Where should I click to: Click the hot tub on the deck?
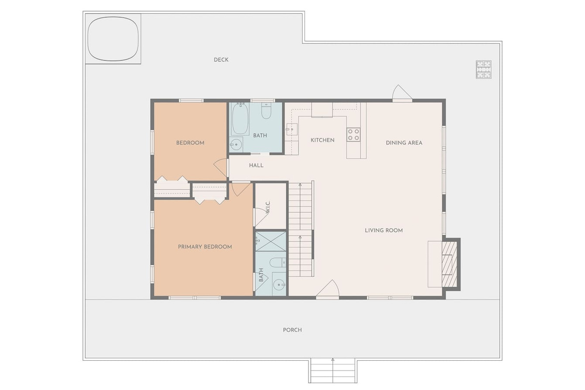(x=113, y=39)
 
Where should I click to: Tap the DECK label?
(x=221, y=60)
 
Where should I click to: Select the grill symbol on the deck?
(x=484, y=70)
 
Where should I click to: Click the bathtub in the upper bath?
(x=240, y=119)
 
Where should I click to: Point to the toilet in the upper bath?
(x=266, y=111)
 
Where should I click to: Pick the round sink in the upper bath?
(x=236, y=144)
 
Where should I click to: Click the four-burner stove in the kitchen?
(x=353, y=135)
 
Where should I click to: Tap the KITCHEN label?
(x=322, y=140)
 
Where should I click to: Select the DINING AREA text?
(x=404, y=143)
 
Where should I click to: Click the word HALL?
(x=256, y=165)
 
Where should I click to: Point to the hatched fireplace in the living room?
(x=449, y=264)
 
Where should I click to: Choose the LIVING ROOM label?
(x=384, y=231)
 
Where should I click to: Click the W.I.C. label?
(x=268, y=207)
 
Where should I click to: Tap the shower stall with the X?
(x=271, y=241)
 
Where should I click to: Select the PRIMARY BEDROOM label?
(x=205, y=247)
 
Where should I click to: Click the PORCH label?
(x=292, y=330)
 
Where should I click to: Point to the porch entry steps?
(x=332, y=370)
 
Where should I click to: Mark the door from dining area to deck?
(x=402, y=93)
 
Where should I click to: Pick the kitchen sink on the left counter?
(x=292, y=129)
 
